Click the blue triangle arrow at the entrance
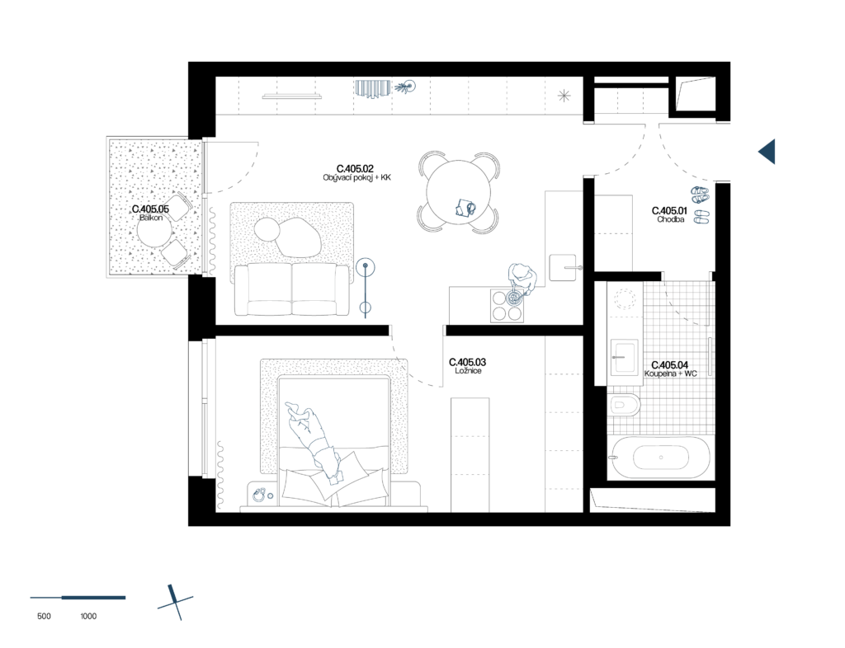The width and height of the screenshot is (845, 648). pos(768,152)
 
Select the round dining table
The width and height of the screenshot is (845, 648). pos(458,192)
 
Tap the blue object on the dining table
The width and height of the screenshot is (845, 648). pos(465,208)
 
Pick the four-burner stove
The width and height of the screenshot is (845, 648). pos(507,305)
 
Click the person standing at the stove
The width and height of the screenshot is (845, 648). pos(521,278)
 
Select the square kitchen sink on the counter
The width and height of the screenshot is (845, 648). pos(563,267)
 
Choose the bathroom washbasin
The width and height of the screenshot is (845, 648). pos(624,358)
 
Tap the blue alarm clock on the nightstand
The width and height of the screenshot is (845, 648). pos(260,495)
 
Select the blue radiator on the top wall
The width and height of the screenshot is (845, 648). pos(372,87)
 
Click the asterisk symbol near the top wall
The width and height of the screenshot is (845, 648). pos(564,96)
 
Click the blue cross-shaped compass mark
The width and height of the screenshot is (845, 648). pos(175,603)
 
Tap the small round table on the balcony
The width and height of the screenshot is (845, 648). pos(153,230)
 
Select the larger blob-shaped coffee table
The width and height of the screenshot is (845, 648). pos(298,237)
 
